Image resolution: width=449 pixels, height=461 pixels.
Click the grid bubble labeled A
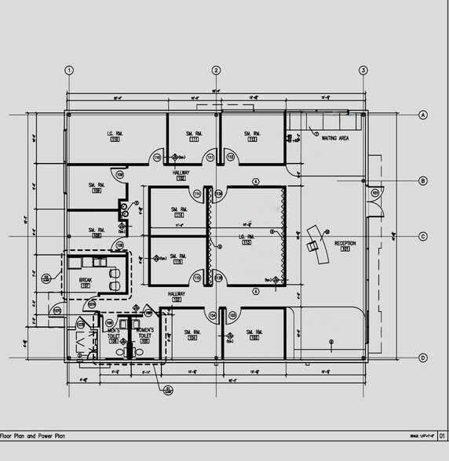[x=422, y=114]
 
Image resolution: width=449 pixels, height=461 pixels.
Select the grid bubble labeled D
[x=422, y=358]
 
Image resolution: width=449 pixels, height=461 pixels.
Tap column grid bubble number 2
[x=216, y=71]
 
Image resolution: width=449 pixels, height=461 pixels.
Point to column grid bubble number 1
[x=69, y=71]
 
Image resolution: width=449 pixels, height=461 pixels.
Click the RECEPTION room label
[x=345, y=245]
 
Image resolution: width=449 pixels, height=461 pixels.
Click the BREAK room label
[x=86, y=281]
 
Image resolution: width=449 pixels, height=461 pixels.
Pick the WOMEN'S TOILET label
[x=145, y=332]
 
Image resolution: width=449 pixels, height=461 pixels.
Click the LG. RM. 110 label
[x=117, y=136]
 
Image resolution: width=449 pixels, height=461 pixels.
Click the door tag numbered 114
[x=197, y=194]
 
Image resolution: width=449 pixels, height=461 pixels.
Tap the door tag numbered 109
[x=119, y=174]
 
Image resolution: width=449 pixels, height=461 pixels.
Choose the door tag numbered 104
[x=212, y=315]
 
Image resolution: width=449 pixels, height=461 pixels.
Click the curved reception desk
[x=315, y=245]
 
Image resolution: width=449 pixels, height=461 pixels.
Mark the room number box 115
[x=178, y=261]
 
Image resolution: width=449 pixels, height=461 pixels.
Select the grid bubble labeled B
[x=422, y=181]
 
